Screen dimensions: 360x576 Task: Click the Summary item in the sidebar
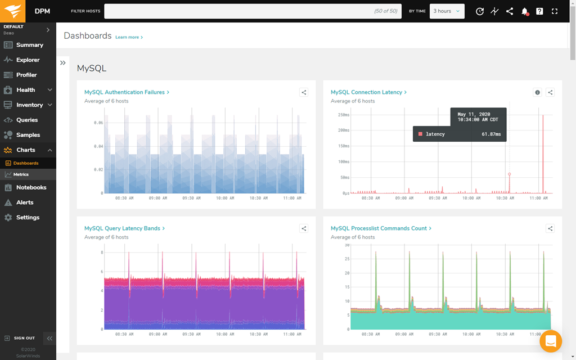(29, 45)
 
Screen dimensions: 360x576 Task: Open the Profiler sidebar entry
(26, 75)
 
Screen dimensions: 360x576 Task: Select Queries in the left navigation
(27, 120)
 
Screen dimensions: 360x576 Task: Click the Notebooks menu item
(31, 187)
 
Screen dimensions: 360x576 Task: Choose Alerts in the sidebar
(25, 202)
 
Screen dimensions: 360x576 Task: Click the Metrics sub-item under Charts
(21, 174)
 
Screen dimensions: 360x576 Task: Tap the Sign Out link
(24, 338)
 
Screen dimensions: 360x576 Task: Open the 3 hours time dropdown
(447, 11)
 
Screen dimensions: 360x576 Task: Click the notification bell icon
(524, 11)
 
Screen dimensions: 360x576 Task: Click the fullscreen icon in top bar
(555, 11)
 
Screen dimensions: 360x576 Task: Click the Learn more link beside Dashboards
(129, 38)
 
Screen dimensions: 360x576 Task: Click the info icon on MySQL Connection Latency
(537, 92)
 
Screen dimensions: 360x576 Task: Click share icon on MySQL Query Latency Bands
(304, 228)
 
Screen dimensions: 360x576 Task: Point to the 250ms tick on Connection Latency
(343, 115)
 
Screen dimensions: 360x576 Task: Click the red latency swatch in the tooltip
(420, 134)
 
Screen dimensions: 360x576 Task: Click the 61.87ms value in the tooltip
(491, 134)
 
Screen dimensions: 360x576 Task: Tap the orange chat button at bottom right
(551, 341)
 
